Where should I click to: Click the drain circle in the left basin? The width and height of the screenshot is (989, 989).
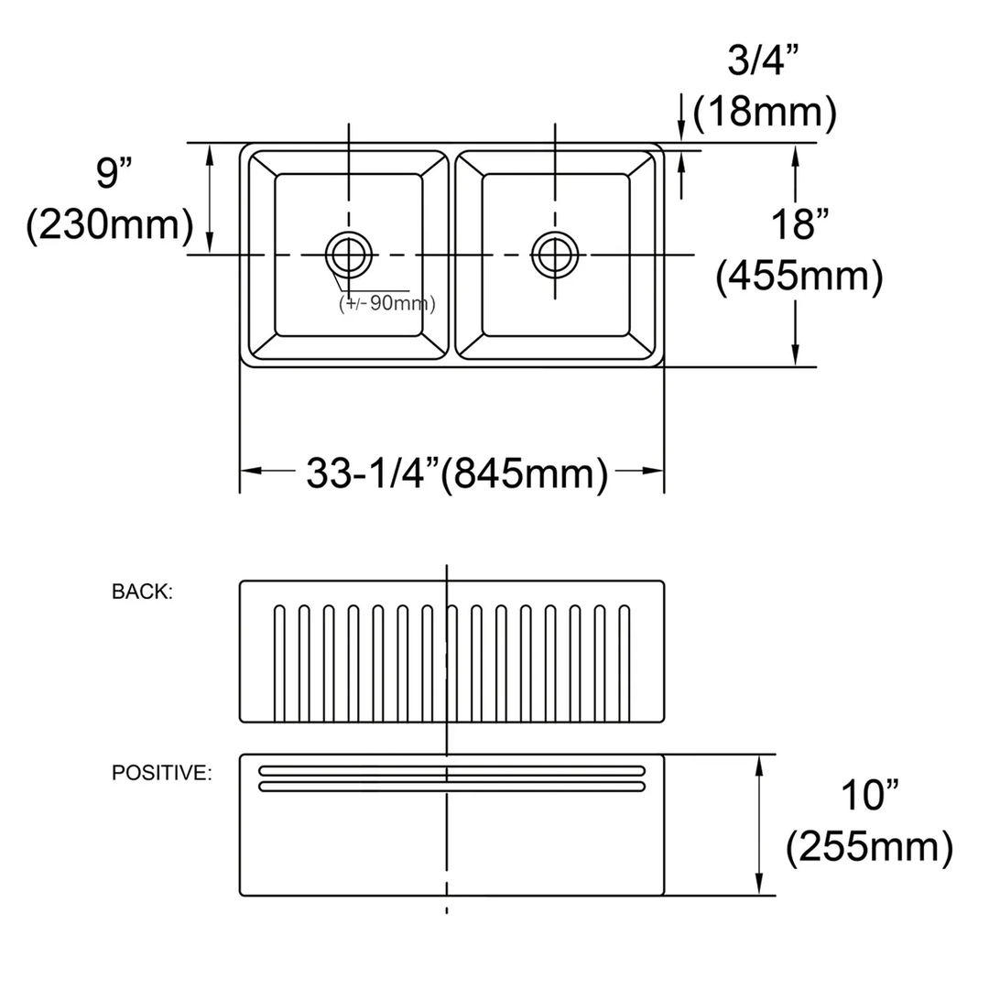(349, 254)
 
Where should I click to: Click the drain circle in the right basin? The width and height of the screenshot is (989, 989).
(555, 254)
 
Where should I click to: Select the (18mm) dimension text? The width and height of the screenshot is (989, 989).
(765, 113)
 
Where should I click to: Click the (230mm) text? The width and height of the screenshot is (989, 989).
(110, 224)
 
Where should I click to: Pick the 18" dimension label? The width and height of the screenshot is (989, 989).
(799, 223)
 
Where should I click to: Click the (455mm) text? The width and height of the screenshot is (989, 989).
(799, 277)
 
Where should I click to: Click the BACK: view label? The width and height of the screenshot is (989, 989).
(142, 592)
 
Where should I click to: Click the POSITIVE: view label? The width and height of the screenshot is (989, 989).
(162, 773)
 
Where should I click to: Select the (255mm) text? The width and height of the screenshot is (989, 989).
(869, 848)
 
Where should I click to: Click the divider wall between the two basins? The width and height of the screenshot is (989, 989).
(451, 254)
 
